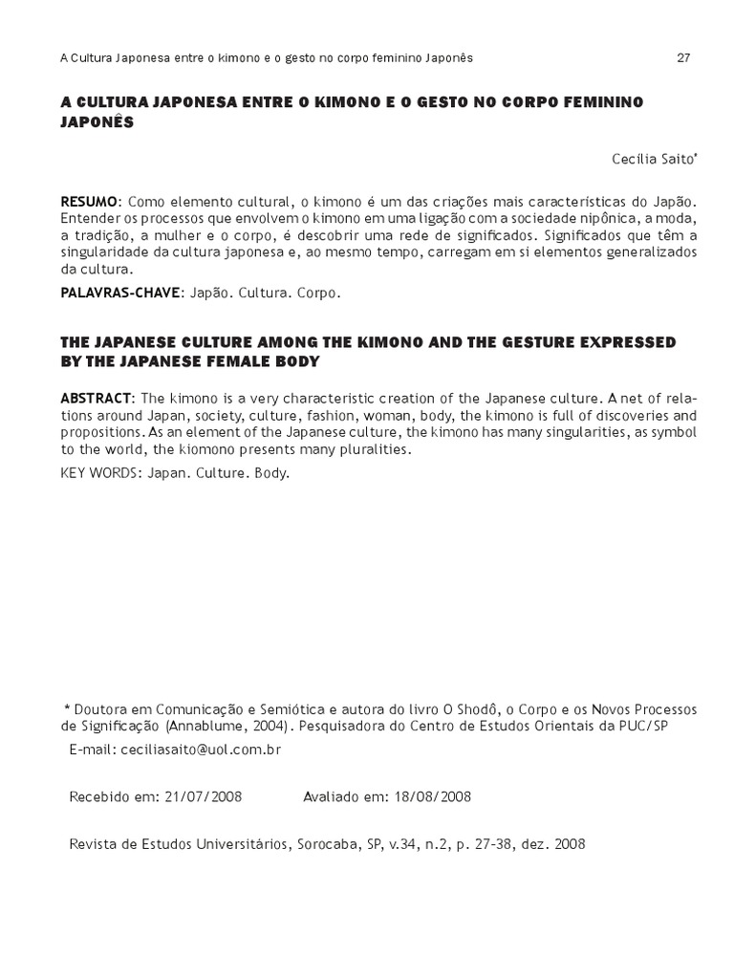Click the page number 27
pyautogui.click(x=683, y=57)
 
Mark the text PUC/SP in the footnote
pyautogui.click(x=642, y=727)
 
